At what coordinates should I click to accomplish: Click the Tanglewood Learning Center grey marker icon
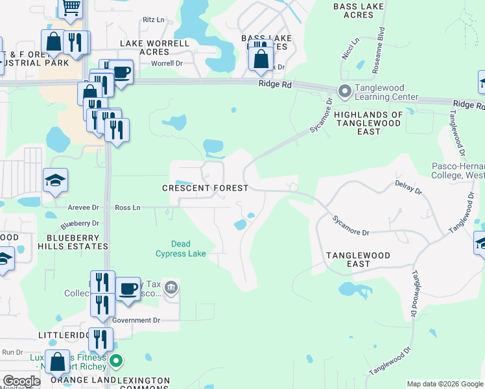(344, 91)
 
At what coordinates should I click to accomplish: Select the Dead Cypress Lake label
(181, 249)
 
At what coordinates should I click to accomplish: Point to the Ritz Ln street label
(154, 20)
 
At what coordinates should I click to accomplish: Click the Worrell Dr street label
(167, 64)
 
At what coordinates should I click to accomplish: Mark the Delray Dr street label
(408, 188)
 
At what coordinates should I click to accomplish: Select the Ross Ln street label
(127, 207)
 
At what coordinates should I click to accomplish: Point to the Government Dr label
(136, 320)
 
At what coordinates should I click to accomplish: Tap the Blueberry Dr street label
(75, 225)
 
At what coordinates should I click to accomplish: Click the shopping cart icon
(71, 7)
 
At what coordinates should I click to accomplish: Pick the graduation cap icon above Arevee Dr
(56, 182)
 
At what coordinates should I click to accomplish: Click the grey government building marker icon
(171, 287)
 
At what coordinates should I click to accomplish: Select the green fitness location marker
(116, 360)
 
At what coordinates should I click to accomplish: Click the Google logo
(21, 381)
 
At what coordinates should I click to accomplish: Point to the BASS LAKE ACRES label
(358, 10)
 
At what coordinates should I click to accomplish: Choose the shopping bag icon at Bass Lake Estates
(261, 60)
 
